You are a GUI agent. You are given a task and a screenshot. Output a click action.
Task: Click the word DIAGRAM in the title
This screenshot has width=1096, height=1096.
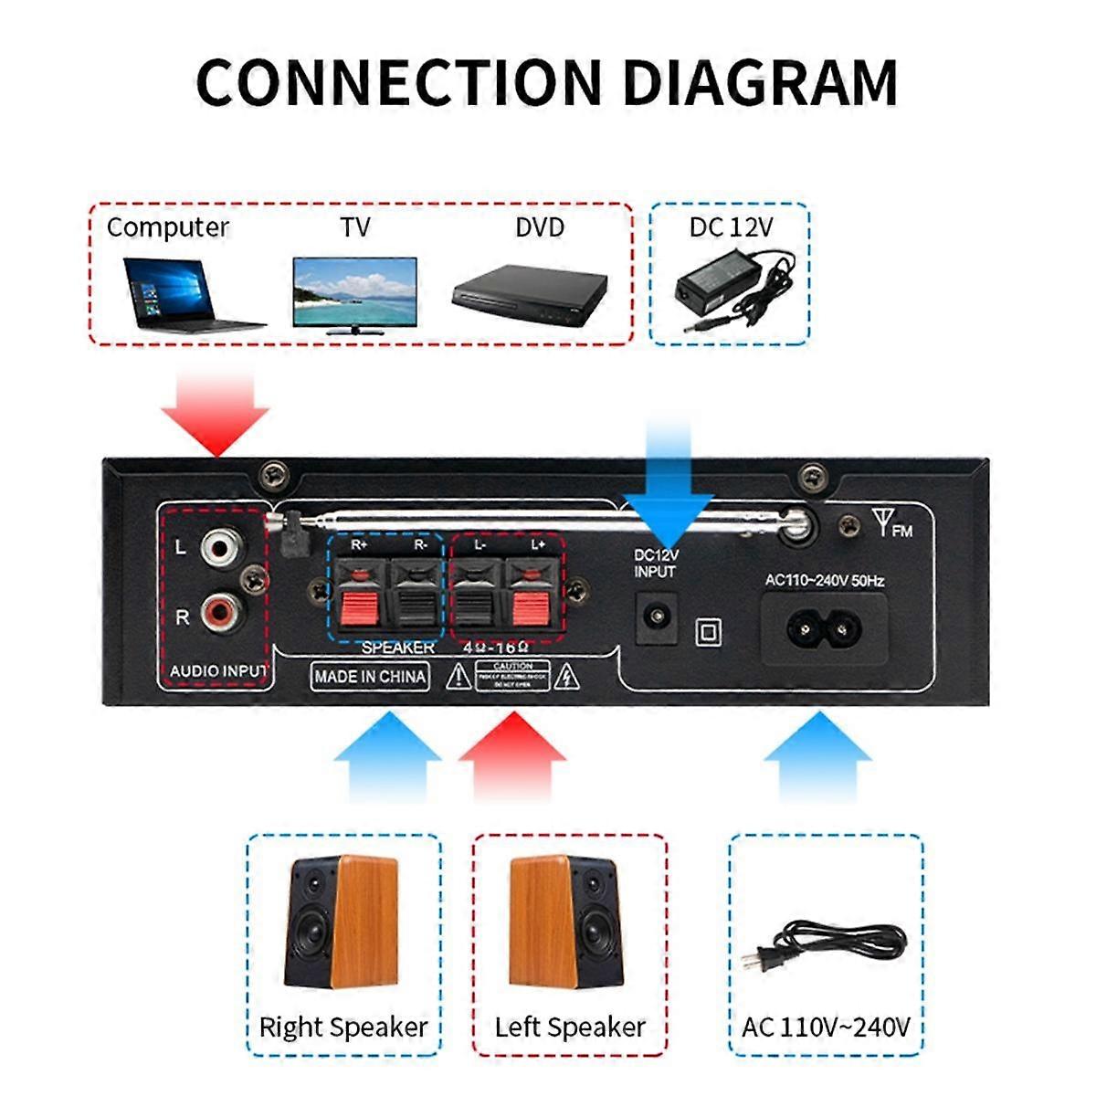[x=760, y=82]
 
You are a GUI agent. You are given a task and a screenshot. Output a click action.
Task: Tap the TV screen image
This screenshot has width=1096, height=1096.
[x=354, y=292]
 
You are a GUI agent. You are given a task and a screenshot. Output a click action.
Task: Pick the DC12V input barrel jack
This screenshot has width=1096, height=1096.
[x=655, y=617]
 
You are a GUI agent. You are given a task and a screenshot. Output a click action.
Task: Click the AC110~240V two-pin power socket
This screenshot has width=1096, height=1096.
[x=826, y=628]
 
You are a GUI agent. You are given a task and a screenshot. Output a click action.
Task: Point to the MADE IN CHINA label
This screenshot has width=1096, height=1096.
[x=370, y=677]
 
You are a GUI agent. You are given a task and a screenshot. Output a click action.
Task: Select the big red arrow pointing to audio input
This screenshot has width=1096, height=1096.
[x=216, y=409]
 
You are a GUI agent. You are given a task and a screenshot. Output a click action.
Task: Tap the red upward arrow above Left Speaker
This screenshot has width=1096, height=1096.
[x=512, y=753]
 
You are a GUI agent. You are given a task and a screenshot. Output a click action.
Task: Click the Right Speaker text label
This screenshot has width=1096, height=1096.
[x=343, y=1027]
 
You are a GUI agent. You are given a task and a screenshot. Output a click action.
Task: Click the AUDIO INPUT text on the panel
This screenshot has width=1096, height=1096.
[x=218, y=671]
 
